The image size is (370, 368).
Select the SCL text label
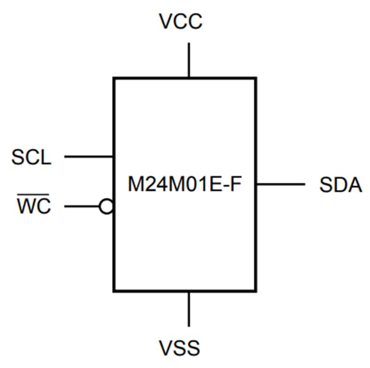pyautogui.click(x=31, y=158)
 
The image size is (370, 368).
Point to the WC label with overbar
pyautogui.click(x=34, y=207)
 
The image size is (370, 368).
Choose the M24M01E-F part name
pyautogui.click(x=185, y=185)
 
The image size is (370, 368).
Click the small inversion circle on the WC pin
pyautogui.click(x=106, y=207)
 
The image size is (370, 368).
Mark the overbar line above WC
pyautogui.click(x=34, y=197)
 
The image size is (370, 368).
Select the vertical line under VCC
pyautogui.click(x=188, y=60)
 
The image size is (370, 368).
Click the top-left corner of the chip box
pyautogui.click(x=114, y=78)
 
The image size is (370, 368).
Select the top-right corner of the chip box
pyautogui.click(x=255, y=78)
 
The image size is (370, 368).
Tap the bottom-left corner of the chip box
pyautogui.click(x=114, y=291)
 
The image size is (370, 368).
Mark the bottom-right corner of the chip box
pyautogui.click(x=255, y=291)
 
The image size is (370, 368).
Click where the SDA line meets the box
pyautogui.click(x=256, y=184)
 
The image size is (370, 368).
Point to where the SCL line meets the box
pyautogui.click(x=114, y=157)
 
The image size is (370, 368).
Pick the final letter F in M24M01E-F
pyautogui.click(x=236, y=185)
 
